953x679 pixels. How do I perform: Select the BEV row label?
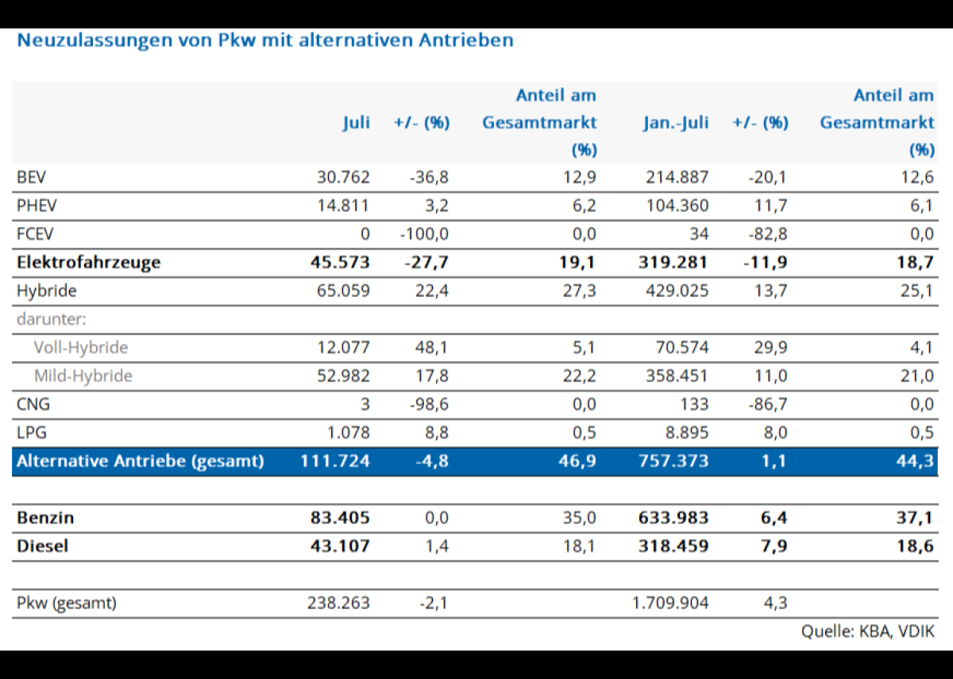point(29,177)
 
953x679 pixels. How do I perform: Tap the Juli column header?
point(357,123)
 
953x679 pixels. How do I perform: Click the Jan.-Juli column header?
point(676,123)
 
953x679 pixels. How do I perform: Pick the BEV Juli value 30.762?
point(343,177)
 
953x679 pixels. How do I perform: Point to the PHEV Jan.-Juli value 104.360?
point(676,206)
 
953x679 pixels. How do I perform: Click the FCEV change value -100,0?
point(426,233)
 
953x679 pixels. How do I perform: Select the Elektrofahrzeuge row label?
point(88,262)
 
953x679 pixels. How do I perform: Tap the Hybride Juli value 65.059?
point(343,291)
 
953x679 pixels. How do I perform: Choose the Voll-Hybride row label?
point(80,348)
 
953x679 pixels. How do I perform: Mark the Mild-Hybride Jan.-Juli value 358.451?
point(676,376)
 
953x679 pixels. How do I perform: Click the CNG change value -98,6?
point(429,404)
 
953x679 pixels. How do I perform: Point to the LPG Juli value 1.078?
point(348,433)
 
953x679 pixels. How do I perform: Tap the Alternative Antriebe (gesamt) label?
point(140,461)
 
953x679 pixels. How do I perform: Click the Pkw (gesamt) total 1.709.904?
point(670,603)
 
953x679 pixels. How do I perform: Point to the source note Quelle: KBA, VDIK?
point(867,631)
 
